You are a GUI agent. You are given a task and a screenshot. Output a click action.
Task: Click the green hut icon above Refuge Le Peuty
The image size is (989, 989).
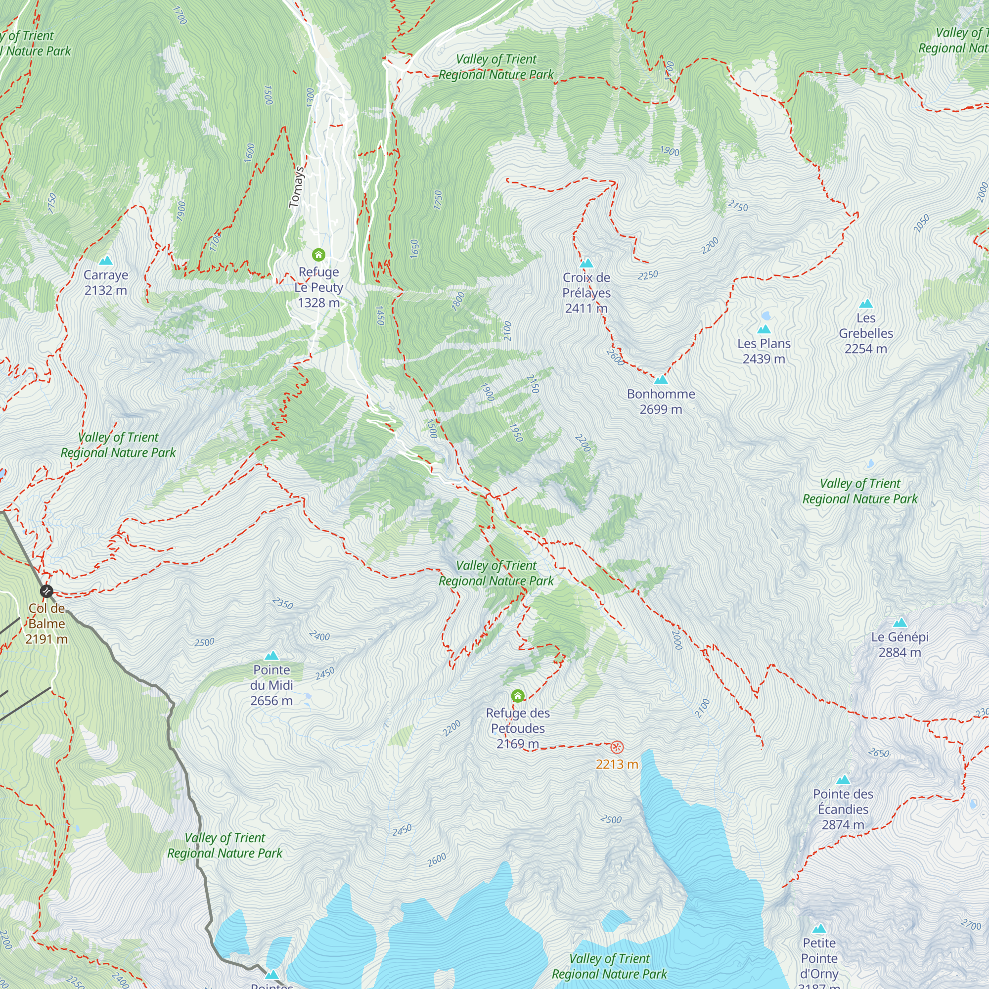click(x=318, y=254)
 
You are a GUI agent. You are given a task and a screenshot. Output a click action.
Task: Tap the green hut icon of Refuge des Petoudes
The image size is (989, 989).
click(x=518, y=696)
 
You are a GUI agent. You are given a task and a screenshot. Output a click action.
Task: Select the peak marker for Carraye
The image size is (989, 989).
click(x=105, y=261)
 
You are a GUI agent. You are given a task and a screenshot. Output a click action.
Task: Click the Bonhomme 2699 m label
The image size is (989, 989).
click(x=661, y=402)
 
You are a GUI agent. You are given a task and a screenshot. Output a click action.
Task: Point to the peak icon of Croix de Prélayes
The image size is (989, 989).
click(x=586, y=263)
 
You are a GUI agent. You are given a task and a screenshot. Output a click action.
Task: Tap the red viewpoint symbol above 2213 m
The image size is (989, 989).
click(x=617, y=747)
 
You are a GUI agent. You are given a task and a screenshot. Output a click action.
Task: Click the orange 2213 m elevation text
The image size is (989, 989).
click(x=617, y=764)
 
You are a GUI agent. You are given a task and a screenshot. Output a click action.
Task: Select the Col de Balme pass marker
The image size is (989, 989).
click(x=46, y=591)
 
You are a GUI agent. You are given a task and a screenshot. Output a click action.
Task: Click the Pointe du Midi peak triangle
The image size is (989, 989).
click(x=271, y=656)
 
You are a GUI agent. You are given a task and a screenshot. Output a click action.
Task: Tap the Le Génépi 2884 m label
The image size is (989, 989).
click(x=899, y=644)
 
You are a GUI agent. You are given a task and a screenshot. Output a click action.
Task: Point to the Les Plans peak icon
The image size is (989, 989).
click(x=764, y=329)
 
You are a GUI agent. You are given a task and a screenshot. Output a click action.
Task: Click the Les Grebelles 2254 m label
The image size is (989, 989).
click(x=866, y=333)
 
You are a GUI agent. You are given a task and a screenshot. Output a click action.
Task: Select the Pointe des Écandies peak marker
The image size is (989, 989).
click(x=843, y=780)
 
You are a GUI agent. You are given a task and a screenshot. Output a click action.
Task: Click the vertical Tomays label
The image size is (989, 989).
click(x=296, y=187)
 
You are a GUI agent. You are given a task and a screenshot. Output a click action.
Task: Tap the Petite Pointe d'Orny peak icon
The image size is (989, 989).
click(x=819, y=929)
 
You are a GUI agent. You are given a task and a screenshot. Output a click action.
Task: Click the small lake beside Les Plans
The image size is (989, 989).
click(x=766, y=315)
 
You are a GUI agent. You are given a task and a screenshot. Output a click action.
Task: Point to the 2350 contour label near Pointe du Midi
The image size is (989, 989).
click(x=283, y=603)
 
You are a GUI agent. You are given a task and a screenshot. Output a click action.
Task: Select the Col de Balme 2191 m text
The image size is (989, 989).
click(x=46, y=624)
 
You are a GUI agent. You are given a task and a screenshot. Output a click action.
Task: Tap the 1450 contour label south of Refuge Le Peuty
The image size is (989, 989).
click(x=380, y=315)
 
